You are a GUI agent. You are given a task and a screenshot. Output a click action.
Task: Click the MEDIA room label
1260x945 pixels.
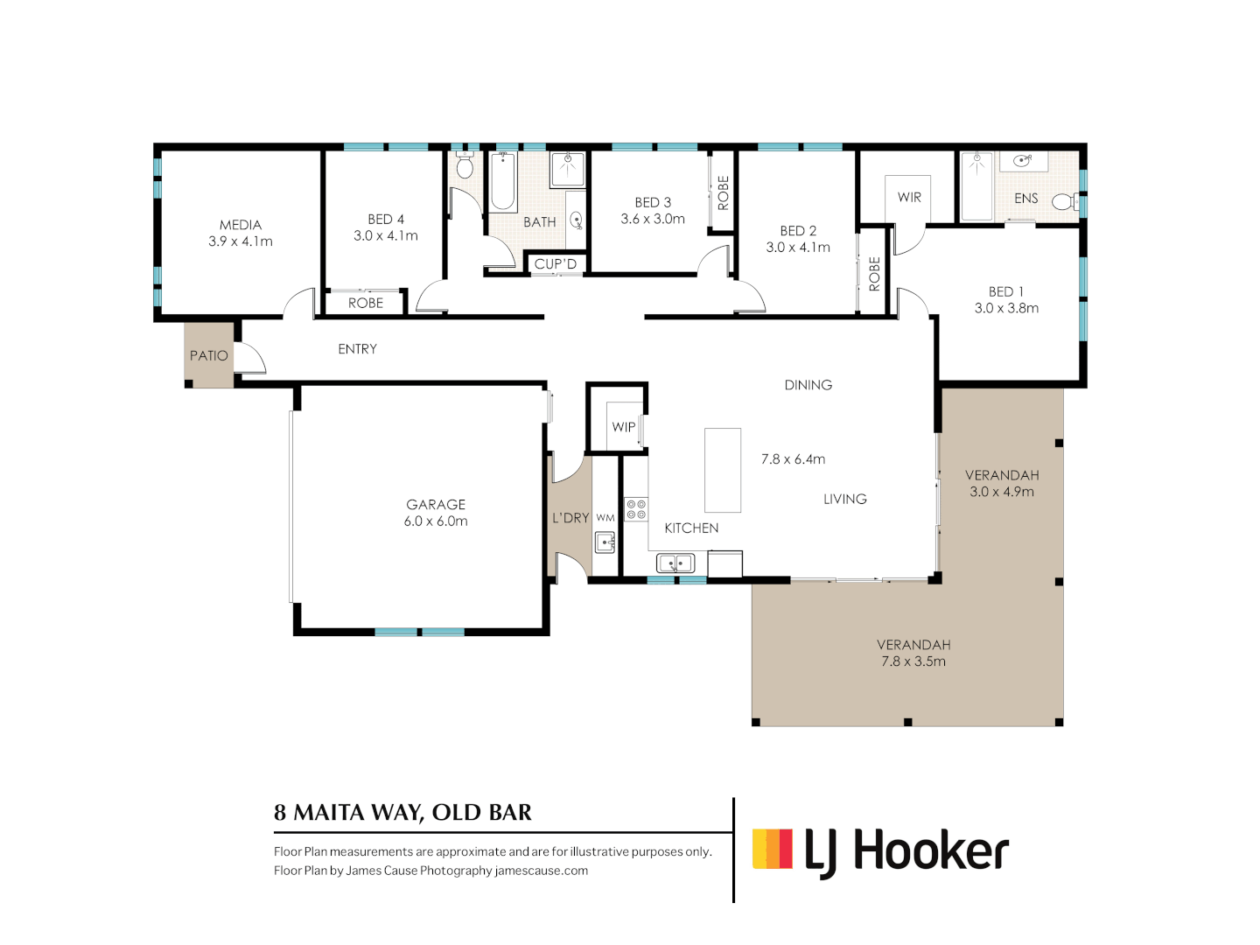241,225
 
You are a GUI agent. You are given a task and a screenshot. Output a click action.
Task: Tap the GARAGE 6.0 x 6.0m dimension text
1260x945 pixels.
436,521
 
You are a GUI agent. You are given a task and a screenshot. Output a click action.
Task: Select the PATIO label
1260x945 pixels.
209,356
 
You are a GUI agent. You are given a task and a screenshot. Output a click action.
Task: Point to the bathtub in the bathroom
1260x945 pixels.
503,181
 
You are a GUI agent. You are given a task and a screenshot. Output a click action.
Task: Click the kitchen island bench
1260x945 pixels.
723,470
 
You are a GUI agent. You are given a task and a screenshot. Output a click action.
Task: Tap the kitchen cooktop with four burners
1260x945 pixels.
636,509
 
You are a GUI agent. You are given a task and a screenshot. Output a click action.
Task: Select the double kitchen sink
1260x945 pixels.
675,563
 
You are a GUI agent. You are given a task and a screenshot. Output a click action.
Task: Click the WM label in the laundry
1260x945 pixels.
605,517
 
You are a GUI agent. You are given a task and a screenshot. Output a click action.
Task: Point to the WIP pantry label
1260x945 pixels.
624,427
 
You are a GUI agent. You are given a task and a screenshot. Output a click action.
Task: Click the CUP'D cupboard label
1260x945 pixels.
555,264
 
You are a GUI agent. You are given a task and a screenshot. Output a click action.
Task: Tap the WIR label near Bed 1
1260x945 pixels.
909,198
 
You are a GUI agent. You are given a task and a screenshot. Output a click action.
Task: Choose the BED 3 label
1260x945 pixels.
653,202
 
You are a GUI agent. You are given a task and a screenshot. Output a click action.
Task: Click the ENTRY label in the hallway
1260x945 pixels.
358,349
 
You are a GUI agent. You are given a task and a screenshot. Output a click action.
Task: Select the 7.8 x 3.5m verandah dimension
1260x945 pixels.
913,661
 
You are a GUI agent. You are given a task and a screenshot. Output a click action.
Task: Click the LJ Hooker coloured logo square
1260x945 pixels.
772,849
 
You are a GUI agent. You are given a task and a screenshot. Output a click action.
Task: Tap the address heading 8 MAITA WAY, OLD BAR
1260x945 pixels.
403,813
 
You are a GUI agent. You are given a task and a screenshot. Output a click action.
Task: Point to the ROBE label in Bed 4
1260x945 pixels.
366,303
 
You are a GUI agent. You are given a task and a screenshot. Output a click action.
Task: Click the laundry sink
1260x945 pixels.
605,542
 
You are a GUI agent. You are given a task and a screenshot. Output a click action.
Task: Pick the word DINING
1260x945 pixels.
808,385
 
